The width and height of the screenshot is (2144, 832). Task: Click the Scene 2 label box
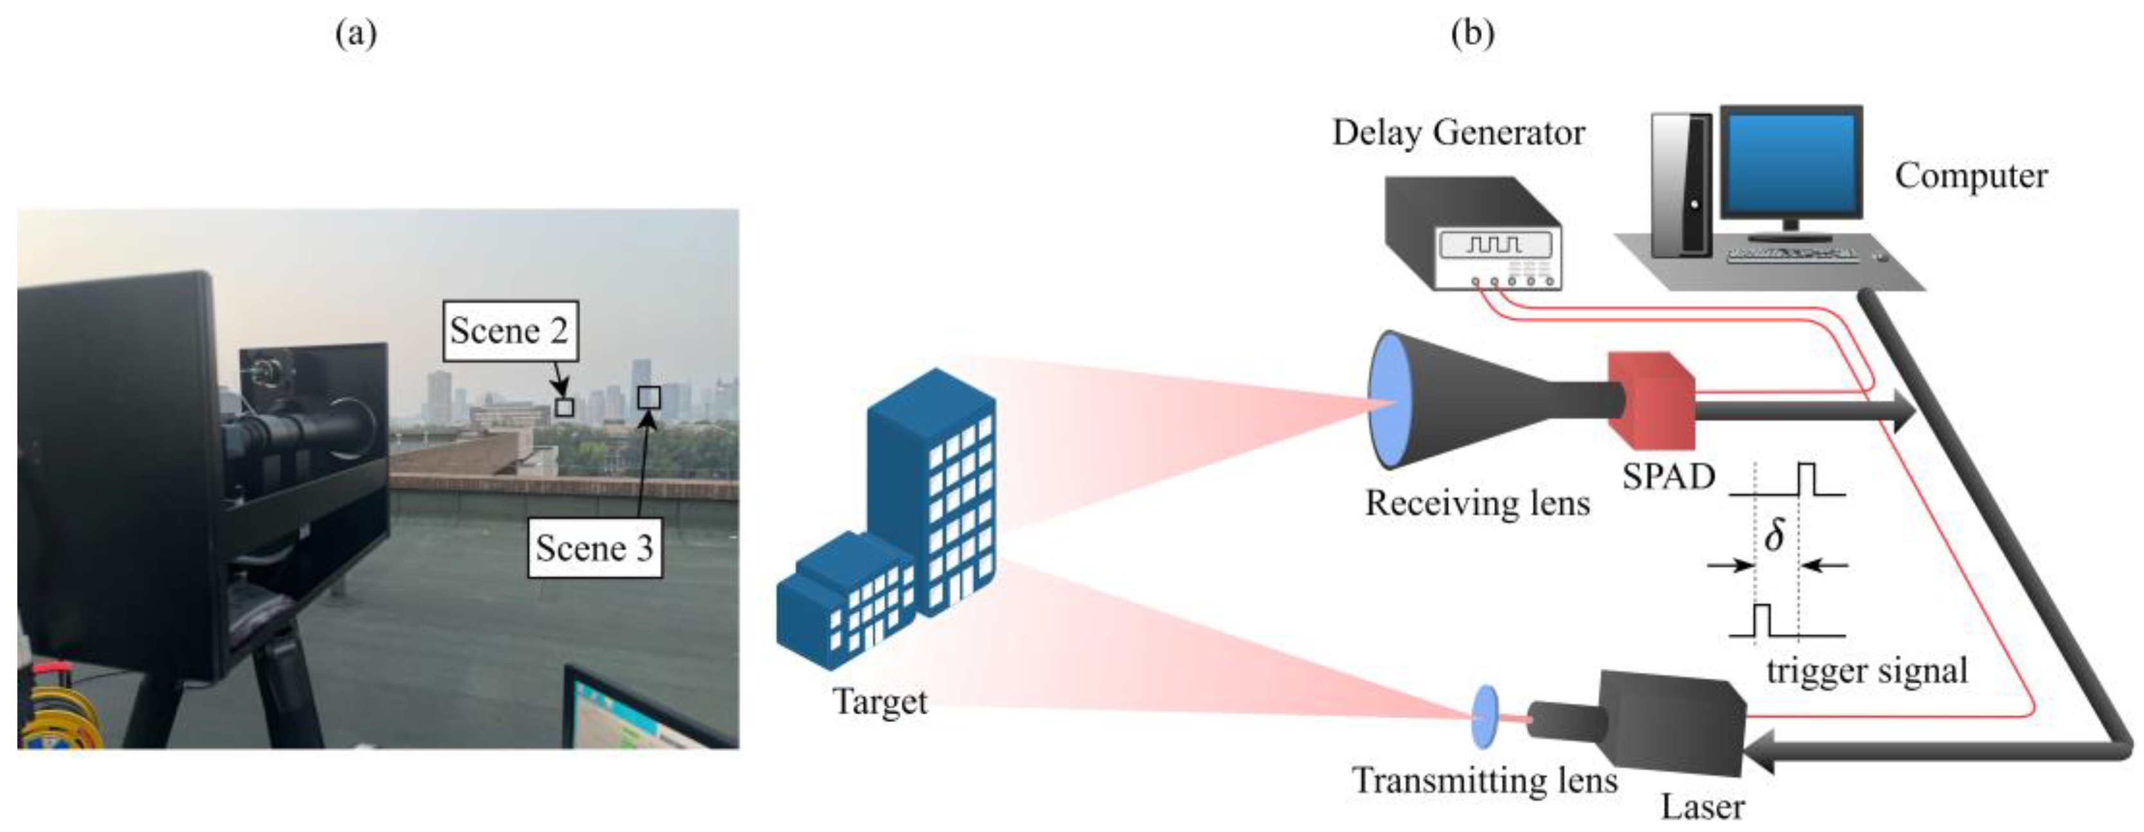click(509, 331)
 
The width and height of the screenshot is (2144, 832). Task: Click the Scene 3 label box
click(594, 547)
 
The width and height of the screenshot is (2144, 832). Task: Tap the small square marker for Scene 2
click(565, 407)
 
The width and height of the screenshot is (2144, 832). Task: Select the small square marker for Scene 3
click(649, 398)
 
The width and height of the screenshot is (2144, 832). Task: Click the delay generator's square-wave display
click(1495, 245)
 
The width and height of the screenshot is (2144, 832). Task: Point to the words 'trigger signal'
click(1867, 671)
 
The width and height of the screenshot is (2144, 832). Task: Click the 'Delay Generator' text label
click(1458, 133)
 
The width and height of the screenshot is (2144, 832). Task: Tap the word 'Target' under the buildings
click(879, 702)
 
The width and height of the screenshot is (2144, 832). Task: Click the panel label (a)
click(356, 33)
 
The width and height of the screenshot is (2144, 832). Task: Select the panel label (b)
click(1472, 33)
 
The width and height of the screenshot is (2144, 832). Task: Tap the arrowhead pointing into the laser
click(1760, 751)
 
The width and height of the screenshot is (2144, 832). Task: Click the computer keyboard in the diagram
click(1793, 256)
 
